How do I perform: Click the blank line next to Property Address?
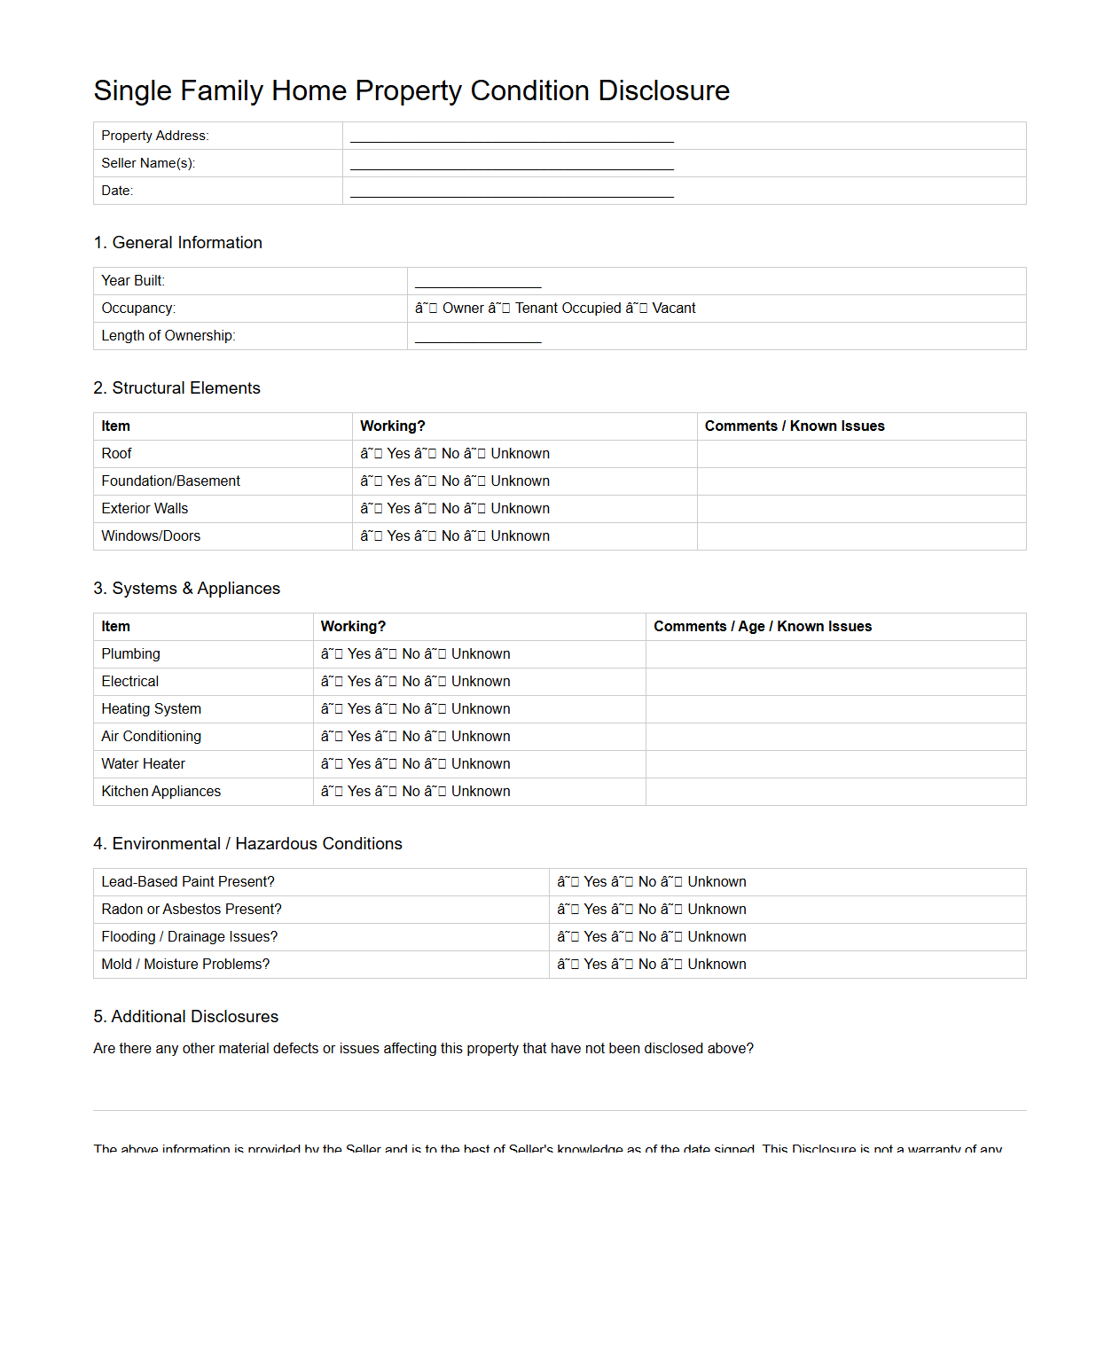point(512,137)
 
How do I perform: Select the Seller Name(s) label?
point(148,163)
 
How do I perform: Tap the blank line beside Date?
point(512,192)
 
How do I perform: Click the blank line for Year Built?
point(477,282)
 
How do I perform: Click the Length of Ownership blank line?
point(477,337)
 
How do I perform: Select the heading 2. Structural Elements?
point(176,388)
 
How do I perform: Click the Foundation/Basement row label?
point(170,481)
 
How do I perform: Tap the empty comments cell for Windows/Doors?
point(860,536)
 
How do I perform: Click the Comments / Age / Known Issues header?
point(763,627)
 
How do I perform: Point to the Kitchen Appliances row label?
point(161,792)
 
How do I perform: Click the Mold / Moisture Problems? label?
point(185,965)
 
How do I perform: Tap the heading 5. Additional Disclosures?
point(185,1017)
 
